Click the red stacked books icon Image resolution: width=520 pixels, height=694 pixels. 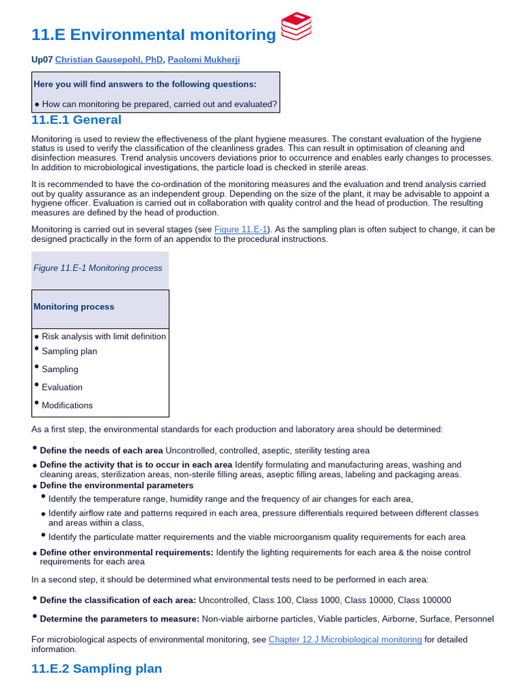click(x=296, y=26)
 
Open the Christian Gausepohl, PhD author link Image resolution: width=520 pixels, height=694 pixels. click(x=109, y=60)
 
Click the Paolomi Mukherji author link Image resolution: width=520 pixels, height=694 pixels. click(x=203, y=60)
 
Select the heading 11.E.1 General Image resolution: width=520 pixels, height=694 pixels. click(x=77, y=120)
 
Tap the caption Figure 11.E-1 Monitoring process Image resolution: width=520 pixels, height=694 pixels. click(x=98, y=268)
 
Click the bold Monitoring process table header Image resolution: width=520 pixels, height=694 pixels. click(x=74, y=307)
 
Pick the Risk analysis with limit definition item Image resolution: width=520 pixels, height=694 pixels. click(x=104, y=336)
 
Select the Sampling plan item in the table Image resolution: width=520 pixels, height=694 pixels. click(x=69, y=351)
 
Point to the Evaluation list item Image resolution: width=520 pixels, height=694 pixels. click(x=62, y=387)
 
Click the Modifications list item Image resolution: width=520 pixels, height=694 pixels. click(x=67, y=405)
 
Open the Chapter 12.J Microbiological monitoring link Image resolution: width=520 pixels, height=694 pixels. click(x=345, y=639)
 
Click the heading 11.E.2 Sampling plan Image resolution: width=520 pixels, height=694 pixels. click(x=97, y=669)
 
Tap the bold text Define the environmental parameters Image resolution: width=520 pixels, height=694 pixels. click(x=116, y=485)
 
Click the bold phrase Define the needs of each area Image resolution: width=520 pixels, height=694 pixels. click(x=102, y=450)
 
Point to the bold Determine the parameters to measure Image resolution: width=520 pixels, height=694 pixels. click(x=120, y=619)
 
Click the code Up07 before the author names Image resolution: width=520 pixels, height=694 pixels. click(x=42, y=60)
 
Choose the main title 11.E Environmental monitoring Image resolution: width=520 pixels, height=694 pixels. click(x=154, y=35)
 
